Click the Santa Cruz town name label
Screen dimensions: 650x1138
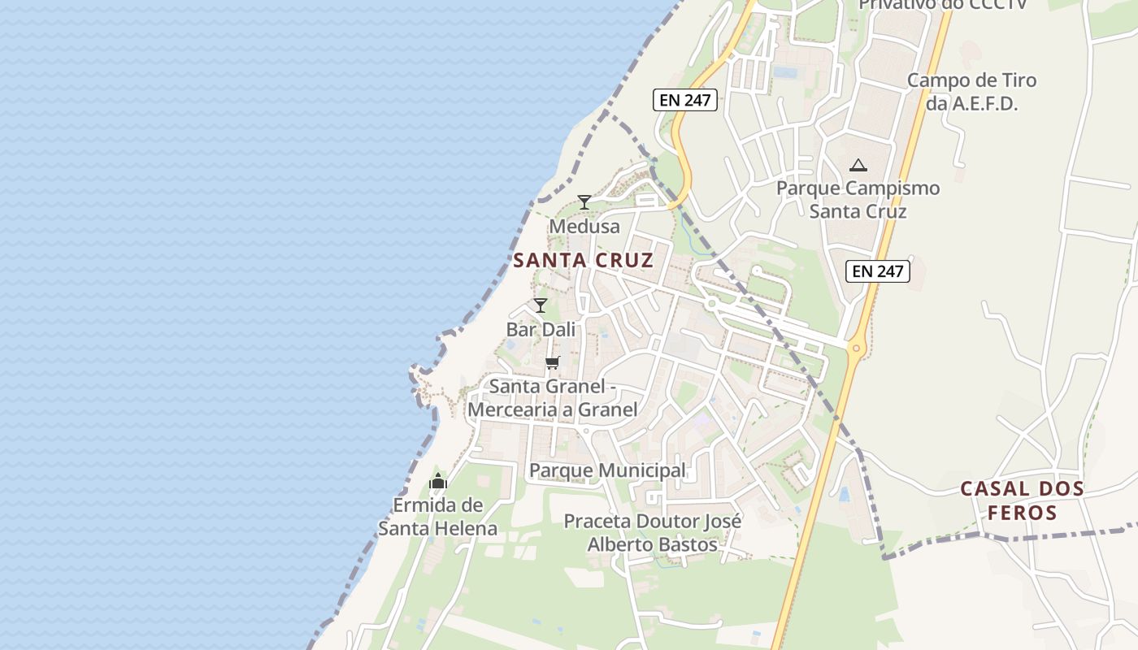[583, 260]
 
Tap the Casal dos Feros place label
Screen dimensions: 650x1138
[1022, 500]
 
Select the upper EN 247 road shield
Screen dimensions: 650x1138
[684, 100]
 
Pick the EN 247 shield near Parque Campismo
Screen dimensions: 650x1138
[877, 271]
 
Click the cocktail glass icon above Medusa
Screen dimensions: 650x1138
[584, 202]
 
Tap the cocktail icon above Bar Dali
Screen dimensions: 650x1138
[541, 305]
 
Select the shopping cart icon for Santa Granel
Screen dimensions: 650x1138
[553, 362]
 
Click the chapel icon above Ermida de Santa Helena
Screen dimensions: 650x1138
[438, 482]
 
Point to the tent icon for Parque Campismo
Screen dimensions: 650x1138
[858, 165]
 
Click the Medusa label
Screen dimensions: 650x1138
[584, 226]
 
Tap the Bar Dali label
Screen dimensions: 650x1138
[541, 329]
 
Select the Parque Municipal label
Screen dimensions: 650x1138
[607, 470]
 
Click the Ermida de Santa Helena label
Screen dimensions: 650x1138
[437, 517]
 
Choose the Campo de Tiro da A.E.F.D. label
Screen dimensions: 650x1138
[971, 92]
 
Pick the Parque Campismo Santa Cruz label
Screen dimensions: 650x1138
[858, 200]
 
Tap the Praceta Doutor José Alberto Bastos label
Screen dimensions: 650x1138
[652, 532]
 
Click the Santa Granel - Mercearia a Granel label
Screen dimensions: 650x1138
[553, 398]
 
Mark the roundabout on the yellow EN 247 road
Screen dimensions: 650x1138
[855, 349]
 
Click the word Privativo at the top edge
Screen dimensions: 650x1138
[898, 5]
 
